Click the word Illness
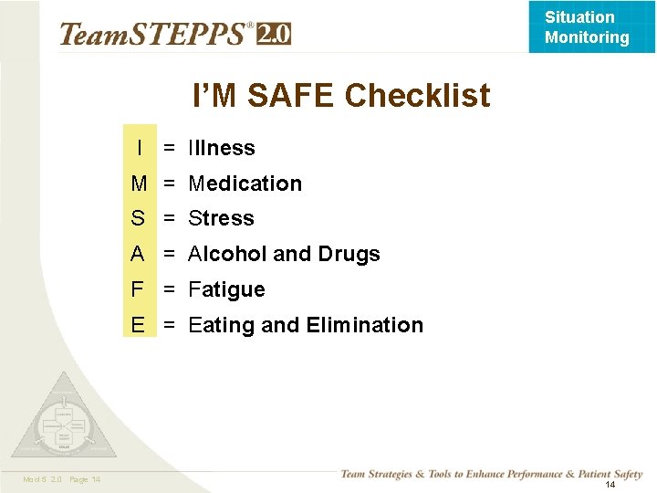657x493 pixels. (222, 148)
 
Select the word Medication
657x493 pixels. (245, 184)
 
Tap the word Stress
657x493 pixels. (221, 218)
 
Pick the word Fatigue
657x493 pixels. (226, 290)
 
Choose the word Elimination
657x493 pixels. (365, 325)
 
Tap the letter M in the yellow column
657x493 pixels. (139, 184)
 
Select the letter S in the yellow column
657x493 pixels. (139, 218)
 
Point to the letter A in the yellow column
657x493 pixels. (139, 254)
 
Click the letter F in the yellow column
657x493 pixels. (139, 289)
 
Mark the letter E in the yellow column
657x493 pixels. (139, 325)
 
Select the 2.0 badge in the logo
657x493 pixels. (274, 35)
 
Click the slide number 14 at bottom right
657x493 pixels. (610, 485)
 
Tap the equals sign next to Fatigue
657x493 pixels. (169, 289)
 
